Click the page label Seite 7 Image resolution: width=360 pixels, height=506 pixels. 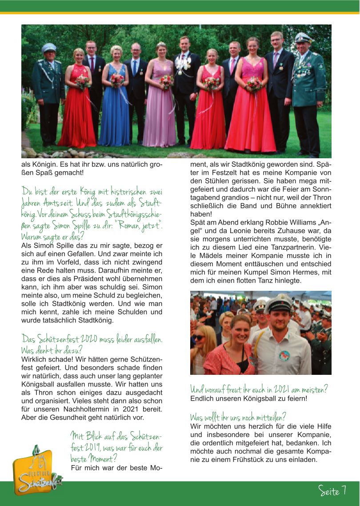[332, 490]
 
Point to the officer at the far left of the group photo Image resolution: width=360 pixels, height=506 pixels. [49, 93]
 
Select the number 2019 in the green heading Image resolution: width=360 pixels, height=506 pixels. [95, 447]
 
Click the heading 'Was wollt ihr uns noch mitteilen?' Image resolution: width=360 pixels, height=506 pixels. [237, 417]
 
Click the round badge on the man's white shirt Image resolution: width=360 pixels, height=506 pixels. [284, 355]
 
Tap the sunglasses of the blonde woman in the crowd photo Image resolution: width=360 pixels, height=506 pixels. [199, 337]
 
